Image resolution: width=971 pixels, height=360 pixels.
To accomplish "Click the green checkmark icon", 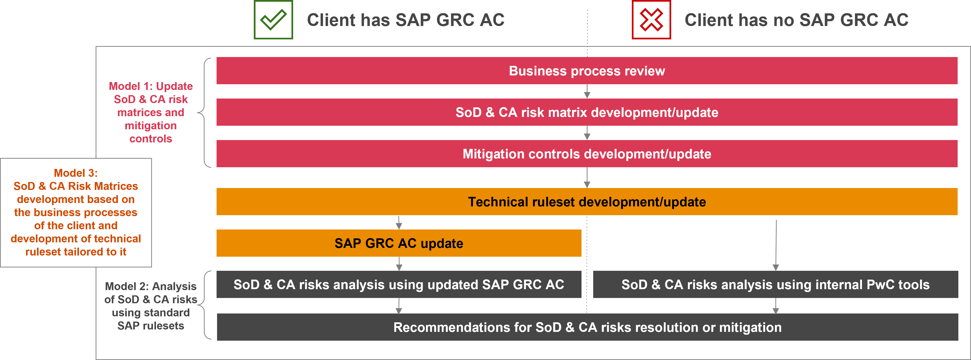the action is pyautogui.click(x=273, y=20).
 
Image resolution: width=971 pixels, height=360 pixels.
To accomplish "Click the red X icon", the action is pyautogui.click(x=651, y=20).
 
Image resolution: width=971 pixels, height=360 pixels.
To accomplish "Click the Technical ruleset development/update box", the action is pyautogui.click(x=587, y=202).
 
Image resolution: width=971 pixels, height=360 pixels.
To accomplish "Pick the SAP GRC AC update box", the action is pyautogui.click(x=399, y=243).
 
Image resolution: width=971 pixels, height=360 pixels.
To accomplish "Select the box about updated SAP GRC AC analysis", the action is pyautogui.click(x=399, y=284).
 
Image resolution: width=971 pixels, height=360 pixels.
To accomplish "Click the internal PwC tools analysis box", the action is pyautogui.click(x=775, y=284).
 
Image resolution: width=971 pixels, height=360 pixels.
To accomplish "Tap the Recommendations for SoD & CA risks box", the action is pyautogui.click(x=587, y=327).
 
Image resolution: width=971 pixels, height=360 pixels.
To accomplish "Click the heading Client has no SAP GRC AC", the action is pyautogui.click(x=796, y=20).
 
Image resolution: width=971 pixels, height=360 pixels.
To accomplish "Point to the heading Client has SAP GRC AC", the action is pyautogui.click(x=405, y=20).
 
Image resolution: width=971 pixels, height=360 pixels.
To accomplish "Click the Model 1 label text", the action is pyautogui.click(x=151, y=112).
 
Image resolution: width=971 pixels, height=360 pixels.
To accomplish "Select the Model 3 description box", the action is pyautogui.click(x=76, y=213).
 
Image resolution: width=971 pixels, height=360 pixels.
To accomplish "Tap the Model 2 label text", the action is pyautogui.click(x=151, y=306).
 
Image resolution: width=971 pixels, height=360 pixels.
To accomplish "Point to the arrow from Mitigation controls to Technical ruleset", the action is pyautogui.click(x=587, y=177).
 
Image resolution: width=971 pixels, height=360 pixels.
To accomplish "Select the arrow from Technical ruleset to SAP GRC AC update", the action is pyautogui.click(x=399, y=222).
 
